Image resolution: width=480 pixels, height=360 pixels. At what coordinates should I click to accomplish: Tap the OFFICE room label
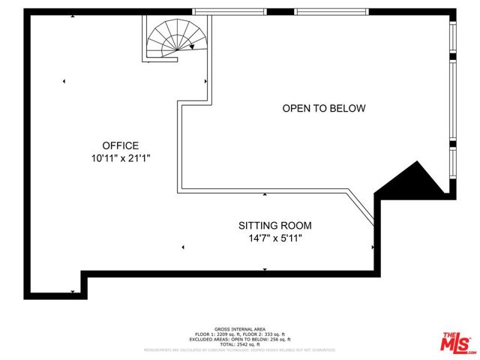click(121, 145)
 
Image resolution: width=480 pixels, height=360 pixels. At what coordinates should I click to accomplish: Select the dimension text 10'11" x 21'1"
click(121, 158)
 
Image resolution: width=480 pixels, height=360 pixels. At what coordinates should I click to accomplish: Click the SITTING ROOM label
click(274, 225)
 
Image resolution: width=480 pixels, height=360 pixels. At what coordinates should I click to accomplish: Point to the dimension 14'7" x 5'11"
click(274, 238)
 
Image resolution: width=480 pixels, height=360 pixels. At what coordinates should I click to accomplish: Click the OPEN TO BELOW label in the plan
click(323, 109)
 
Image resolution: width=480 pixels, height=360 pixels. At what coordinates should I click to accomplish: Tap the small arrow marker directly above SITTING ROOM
click(265, 195)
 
